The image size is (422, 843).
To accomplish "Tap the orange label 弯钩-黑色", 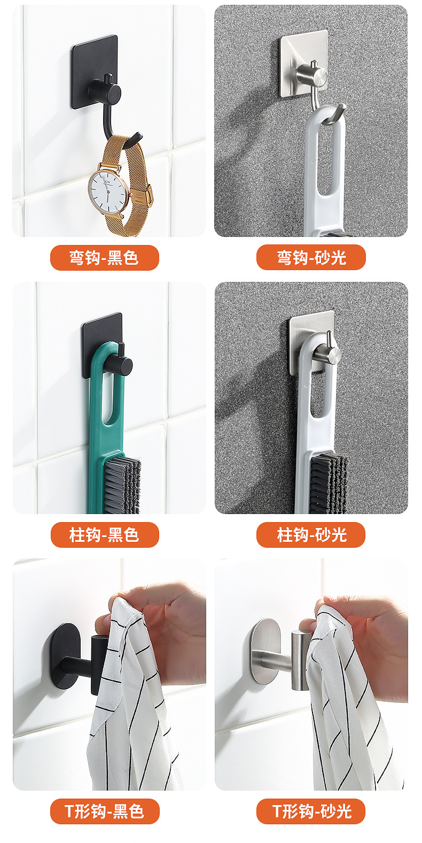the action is (x=105, y=258).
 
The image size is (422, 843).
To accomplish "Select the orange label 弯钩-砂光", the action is (x=311, y=258).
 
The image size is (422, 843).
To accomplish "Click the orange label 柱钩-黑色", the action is (x=105, y=535).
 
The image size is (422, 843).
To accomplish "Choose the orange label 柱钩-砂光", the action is (x=311, y=535).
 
